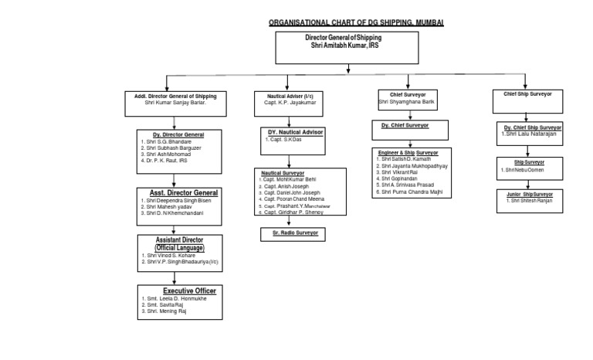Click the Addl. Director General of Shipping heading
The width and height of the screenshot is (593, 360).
point(181,96)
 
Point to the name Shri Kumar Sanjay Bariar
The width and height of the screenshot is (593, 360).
point(181,103)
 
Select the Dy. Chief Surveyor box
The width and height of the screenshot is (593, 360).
point(405,125)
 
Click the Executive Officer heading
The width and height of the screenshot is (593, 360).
point(178,290)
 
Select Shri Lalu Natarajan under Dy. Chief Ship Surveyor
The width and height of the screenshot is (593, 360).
point(534,134)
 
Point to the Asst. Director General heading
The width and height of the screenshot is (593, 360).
point(178,192)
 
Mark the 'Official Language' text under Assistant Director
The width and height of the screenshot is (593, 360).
point(178,248)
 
